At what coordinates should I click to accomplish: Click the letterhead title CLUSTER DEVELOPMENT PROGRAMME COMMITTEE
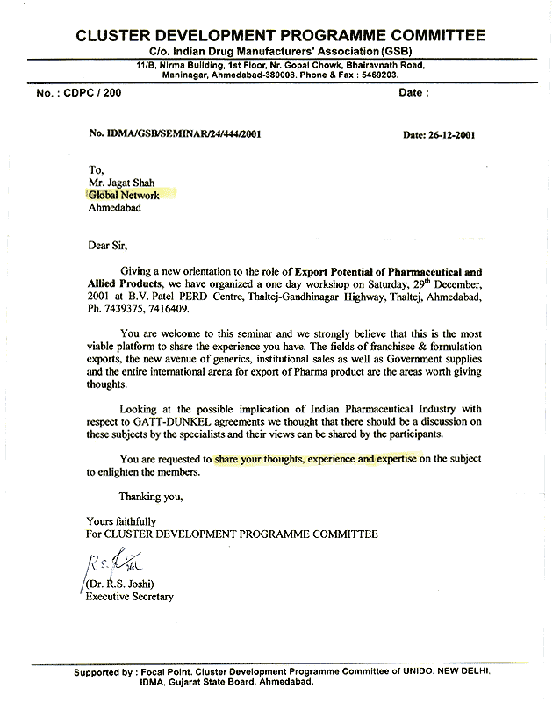click(x=280, y=36)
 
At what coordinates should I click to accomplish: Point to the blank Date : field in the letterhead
click(x=414, y=92)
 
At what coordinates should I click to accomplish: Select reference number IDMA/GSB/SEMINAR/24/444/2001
click(x=175, y=134)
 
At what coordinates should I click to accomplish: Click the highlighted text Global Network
click(x=123, y=195)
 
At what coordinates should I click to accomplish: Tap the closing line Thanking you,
click(x=151, y=497)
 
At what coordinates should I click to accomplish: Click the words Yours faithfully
click(x=121, y=521)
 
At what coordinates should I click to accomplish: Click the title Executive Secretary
click(x=129, y=597)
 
